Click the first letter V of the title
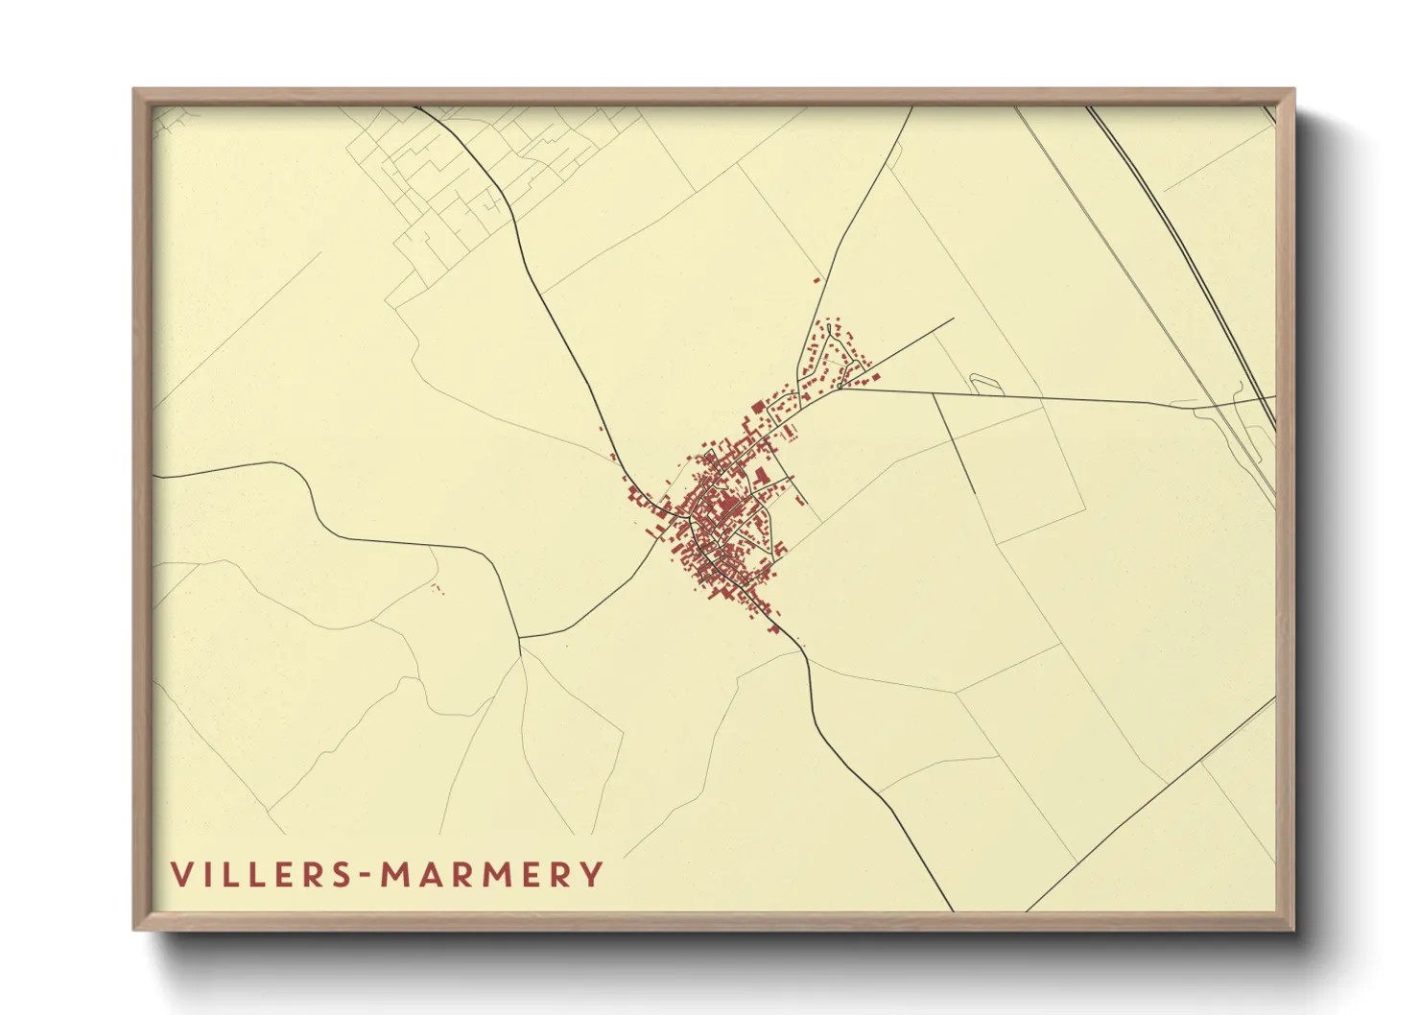(x=180, y=875)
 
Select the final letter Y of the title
(x=594, y=875)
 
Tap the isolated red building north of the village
(x=817, y=280)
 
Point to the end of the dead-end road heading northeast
(x=953, y=319)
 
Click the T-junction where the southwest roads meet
(x=519, y=636)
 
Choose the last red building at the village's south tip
(x=772, y=629)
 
